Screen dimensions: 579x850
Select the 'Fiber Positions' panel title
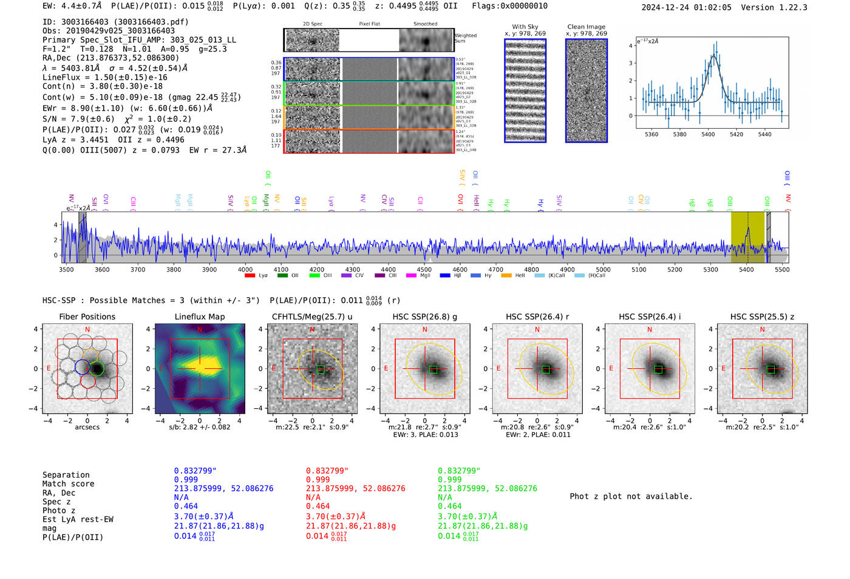pos(87,317)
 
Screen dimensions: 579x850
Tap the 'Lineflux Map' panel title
pos(199,317)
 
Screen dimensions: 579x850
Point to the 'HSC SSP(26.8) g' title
pos(424,317)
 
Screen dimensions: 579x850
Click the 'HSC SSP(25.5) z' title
pos(762,317)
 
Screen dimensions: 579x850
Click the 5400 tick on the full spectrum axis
pos(746,269)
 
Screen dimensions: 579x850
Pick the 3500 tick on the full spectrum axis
pos(66,269)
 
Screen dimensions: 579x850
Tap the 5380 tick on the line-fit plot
pos(679,134)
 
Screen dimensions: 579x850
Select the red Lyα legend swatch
pos(250,276)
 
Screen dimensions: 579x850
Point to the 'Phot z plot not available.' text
pos(631,496)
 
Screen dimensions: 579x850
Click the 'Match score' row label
pos(68,484)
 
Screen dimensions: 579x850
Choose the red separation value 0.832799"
pos(327,471)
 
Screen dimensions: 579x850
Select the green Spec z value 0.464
pos(450,506)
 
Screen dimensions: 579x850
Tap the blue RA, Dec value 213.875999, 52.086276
pos(223,488)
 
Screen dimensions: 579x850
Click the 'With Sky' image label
pos(525,27)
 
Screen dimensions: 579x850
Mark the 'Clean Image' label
pos(586,27)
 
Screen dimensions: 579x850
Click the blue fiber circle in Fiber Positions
pos(83,367)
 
